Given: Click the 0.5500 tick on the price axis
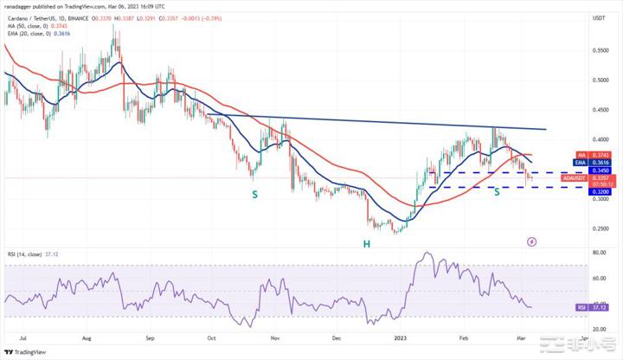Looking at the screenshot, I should coord(599,50).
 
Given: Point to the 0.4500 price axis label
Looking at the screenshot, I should coord(599,110).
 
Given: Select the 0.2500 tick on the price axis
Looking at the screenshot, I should coord(599,229).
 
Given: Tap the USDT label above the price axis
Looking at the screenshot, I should coord(598,17).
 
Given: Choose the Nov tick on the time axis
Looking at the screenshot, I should coord(274,339).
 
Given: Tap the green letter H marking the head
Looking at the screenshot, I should coord(367,244).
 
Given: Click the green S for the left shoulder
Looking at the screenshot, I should coord(254,195).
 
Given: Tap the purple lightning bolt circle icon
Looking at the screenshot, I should coord(531,241).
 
